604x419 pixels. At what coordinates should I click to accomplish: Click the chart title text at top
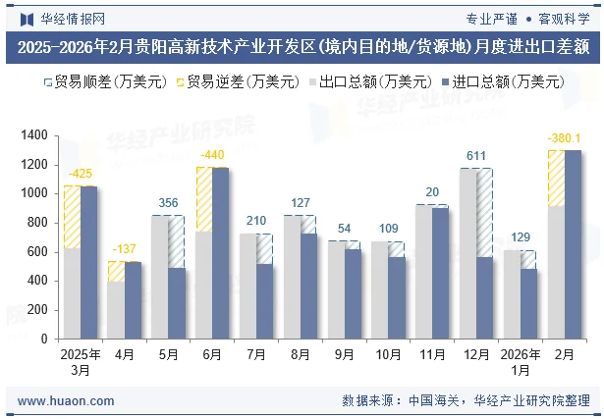pos(302,46)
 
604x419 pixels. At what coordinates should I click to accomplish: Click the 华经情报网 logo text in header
pos(65,18)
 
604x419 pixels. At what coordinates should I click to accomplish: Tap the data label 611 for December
pos(476,156)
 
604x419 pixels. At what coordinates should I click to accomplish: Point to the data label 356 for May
pos(169,204)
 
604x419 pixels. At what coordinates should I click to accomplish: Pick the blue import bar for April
pos(133,299)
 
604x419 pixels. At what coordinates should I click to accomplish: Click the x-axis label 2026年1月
pos(522,362)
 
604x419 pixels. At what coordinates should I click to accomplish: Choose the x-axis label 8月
pos(301,355)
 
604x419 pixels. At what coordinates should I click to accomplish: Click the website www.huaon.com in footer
pos(66,401)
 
